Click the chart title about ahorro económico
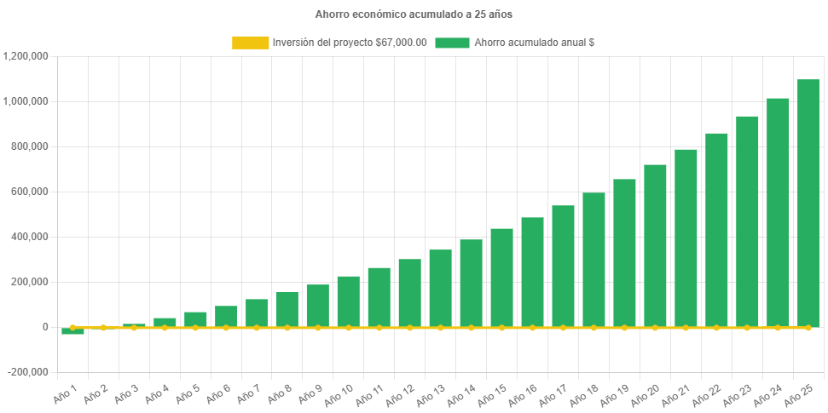point(414,14)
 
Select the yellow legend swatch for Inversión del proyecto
point(250,43)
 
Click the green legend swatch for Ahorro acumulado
point(452,43)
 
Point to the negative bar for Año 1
point(72,331)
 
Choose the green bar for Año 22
point(716,230)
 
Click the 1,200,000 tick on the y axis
point(26,56)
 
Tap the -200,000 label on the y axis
point(29,372)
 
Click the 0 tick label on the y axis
point(44,327)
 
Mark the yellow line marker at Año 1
point(72,327)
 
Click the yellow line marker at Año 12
point(409,327)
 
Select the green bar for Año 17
point(563,266)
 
